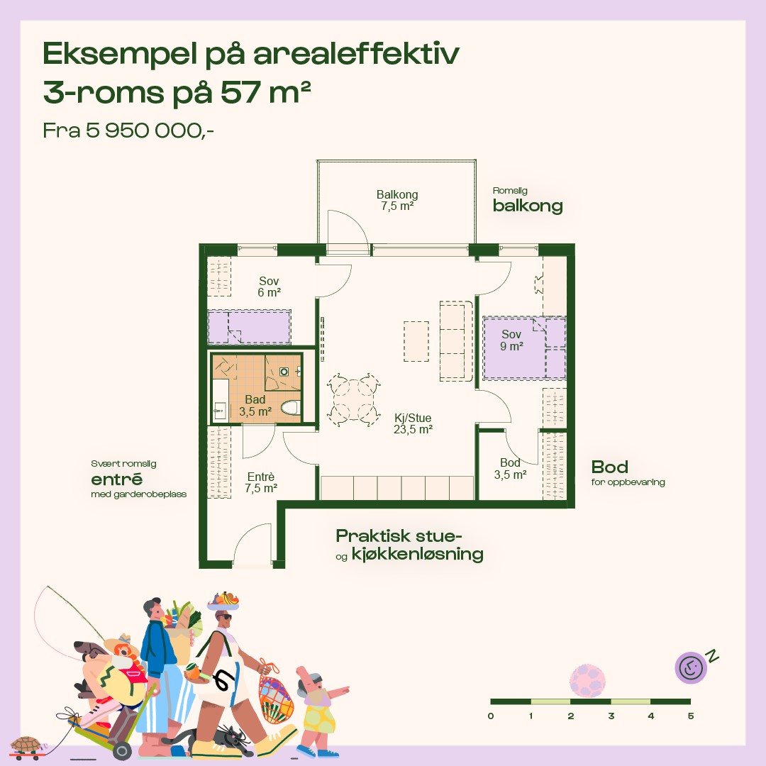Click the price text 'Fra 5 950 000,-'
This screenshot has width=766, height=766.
click(128, 131)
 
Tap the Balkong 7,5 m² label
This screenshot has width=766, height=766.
click(397, 200)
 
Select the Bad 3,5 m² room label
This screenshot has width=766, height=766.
click(255, 406)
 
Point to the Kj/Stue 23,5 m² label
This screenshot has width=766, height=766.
click(413, 423)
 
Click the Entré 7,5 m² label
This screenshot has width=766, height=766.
click(261, 482)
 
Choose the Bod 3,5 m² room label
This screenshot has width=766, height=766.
click(510, 469)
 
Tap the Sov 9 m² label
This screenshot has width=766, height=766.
click(511, 340)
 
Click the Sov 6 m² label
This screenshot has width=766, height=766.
click(270, 287)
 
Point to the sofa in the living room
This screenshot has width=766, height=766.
click(456, 341)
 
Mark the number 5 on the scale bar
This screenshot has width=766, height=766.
click(691, 716)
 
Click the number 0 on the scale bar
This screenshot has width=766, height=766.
click(491, 716)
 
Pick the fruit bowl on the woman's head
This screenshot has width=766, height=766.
click(223, 601)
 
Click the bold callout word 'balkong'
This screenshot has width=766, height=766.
click(528, 206)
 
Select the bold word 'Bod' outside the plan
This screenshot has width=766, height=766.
click(610, 467)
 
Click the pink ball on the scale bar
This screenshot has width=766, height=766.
click(588, 681)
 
